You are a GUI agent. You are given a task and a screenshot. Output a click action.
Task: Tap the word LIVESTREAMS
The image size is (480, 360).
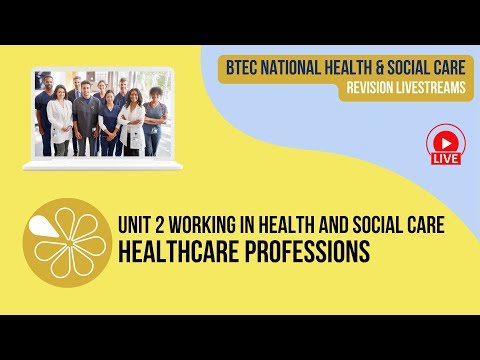pyautogui.click(x=432, y=89)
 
